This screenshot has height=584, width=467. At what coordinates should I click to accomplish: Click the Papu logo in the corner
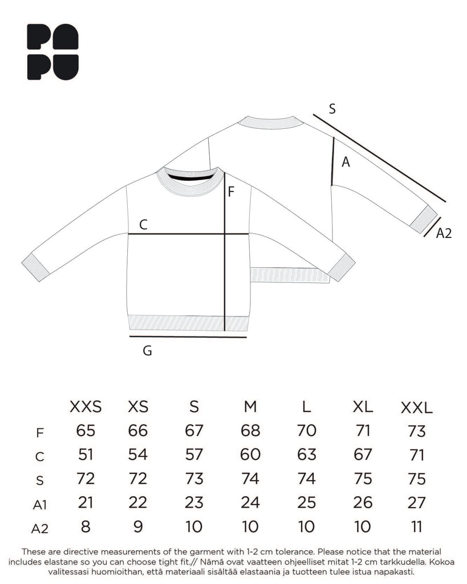(x=53, y=52)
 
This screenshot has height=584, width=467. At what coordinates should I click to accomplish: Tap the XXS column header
(x=85, y=407)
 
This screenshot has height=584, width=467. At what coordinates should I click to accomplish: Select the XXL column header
(x=417, y=408)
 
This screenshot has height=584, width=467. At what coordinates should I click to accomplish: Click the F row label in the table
(x=39, y=433)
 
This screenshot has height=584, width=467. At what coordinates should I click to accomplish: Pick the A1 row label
(x=39, y=504)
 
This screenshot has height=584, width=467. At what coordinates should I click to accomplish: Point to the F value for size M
(x=250, y=431)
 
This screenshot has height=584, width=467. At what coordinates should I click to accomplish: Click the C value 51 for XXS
(x=85, y=455)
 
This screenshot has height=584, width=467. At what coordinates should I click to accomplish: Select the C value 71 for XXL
(x=417, y=455)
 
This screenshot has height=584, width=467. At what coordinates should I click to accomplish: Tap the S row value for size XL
(x=363, y=478)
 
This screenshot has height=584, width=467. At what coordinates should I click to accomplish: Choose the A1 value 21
(x=85, y=502)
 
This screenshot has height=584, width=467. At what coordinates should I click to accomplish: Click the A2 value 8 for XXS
(x=85, y=526)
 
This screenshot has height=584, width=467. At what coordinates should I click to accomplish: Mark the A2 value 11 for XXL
(x=417, y=526)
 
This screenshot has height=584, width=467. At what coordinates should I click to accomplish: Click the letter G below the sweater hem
(x=147, y=351)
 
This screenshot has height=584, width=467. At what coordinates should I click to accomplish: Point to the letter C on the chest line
(x=144, y=225)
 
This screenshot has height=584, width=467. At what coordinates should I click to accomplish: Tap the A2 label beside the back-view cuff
(x=444, y=233)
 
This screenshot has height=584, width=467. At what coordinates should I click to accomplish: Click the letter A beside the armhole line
(x=345, y=163)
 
